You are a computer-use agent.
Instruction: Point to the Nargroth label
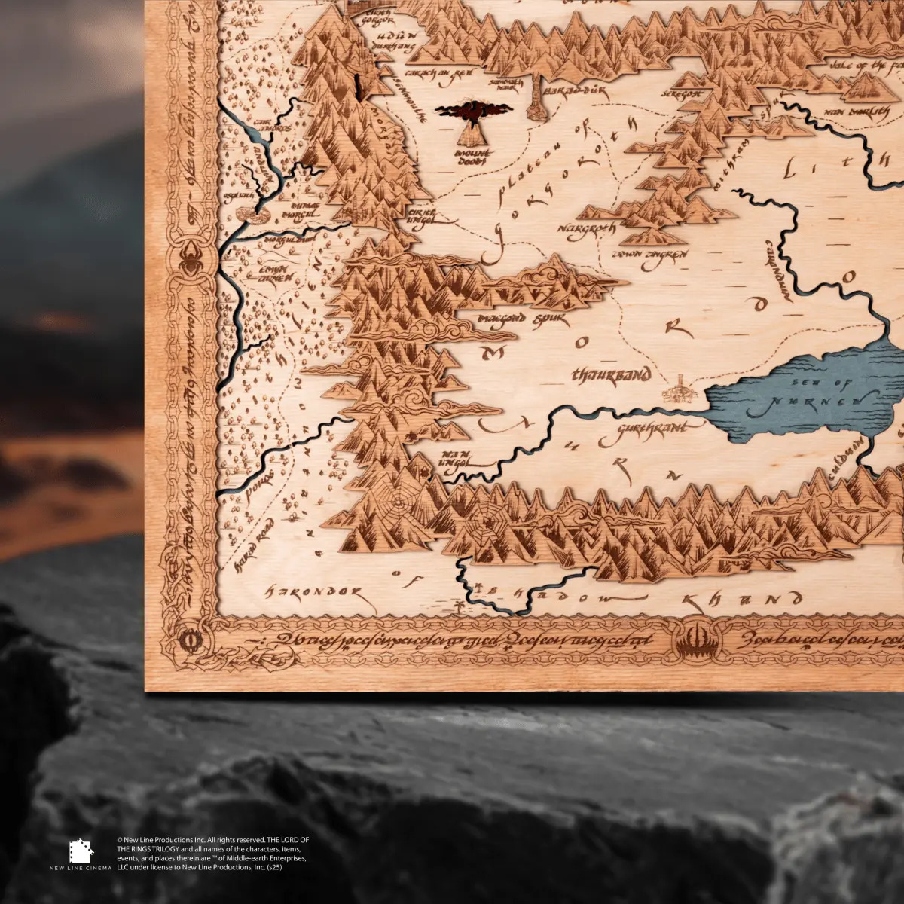coord(587,226)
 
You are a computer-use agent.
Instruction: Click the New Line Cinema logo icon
coord(81,851)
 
